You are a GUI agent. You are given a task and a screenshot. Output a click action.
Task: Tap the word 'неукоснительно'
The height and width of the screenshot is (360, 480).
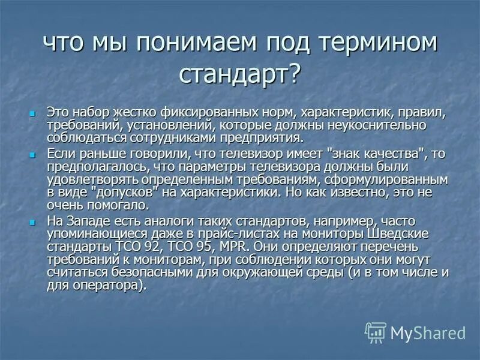point(379,125)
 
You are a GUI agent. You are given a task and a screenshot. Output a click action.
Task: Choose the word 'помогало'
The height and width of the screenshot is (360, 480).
point(113,204)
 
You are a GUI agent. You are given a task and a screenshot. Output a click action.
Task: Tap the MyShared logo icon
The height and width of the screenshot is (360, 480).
point(376,332)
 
